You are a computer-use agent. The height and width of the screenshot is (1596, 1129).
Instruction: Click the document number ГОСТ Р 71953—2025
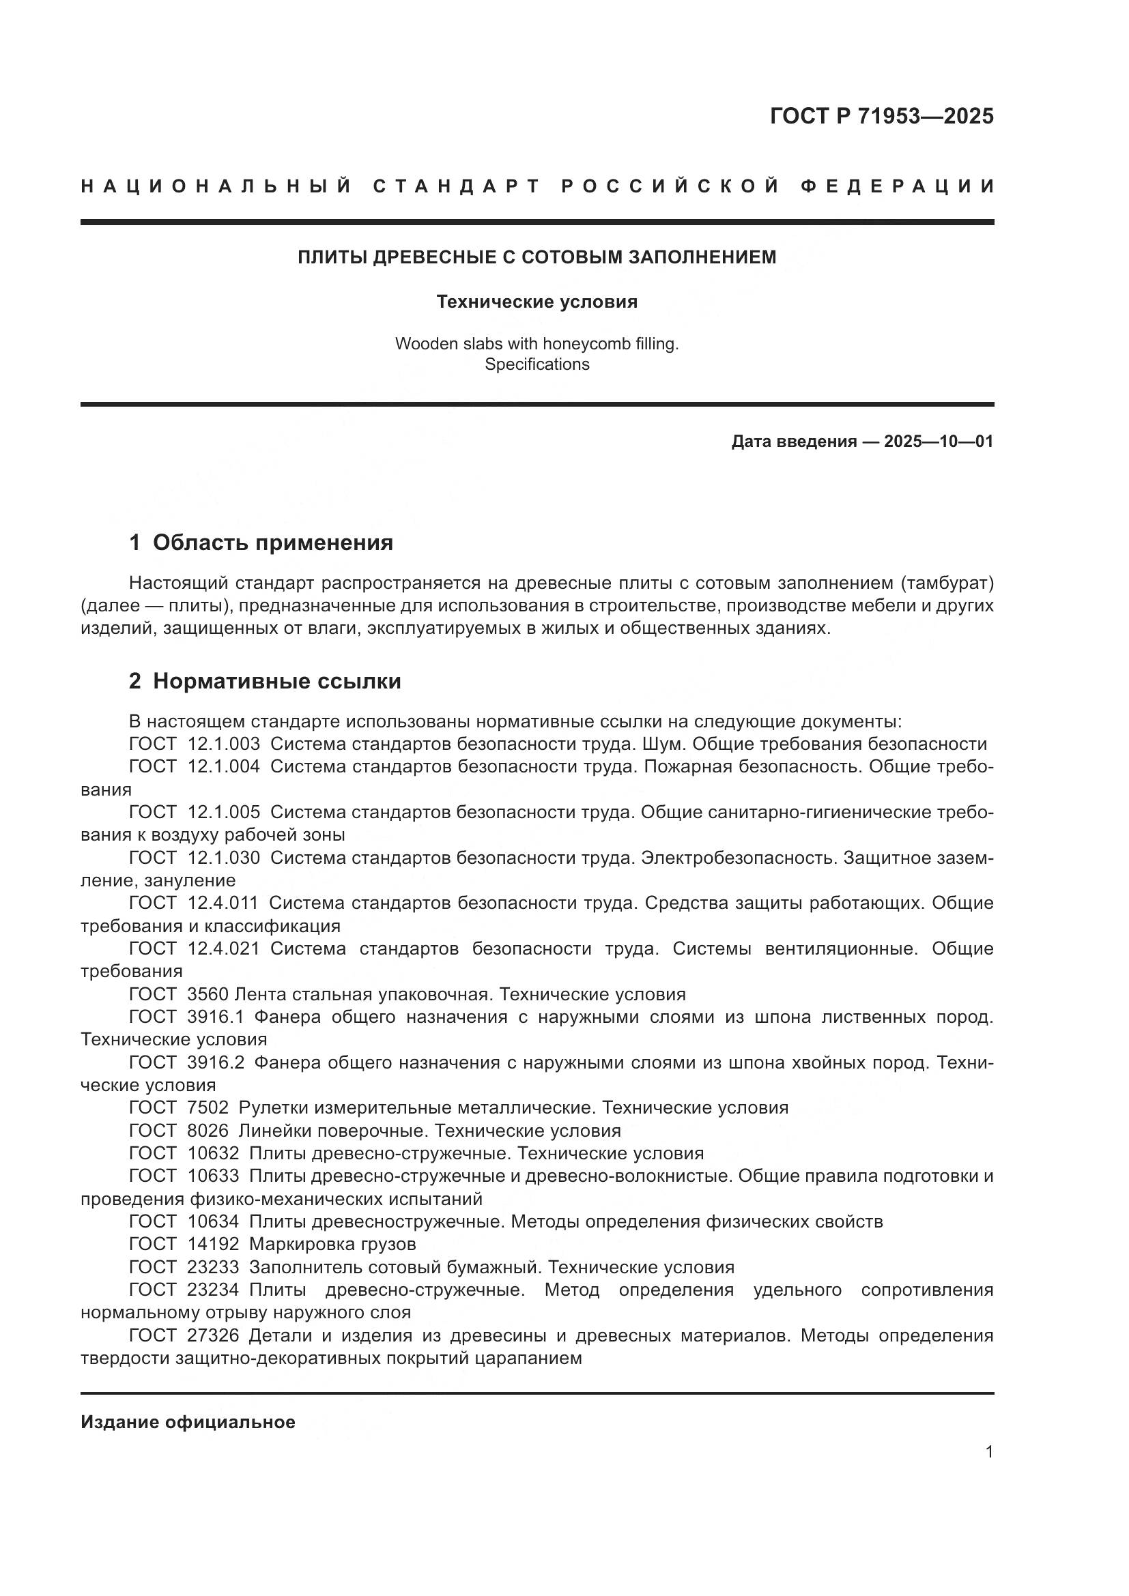881,115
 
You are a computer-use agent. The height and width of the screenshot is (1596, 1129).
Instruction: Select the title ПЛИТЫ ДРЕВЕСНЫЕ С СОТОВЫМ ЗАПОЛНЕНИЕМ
537,257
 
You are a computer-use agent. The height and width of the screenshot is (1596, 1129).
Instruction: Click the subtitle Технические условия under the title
537,302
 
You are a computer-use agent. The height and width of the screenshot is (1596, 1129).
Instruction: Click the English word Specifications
537,364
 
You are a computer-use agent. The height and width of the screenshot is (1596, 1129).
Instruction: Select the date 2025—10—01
938,441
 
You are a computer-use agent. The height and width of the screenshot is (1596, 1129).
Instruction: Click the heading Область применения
272,543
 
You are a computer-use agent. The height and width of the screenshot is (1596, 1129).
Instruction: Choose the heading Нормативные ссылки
276,681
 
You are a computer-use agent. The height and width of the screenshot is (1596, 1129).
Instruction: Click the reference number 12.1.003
224,744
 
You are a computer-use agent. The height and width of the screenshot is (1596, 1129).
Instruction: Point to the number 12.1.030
224,858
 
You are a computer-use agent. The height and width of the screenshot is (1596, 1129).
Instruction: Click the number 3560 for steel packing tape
208,994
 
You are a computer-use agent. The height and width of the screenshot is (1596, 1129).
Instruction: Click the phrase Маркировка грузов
332,1244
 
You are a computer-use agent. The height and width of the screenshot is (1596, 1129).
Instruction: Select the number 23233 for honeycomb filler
213,1267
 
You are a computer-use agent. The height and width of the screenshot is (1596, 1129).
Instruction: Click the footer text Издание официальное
188,1422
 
